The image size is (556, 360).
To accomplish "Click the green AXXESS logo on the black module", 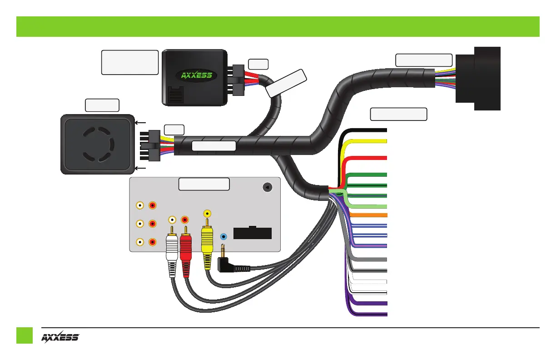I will pyautogui.click(x=194, y=75).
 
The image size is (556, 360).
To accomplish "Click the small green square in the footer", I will pyautogui.click(x=25, y=335).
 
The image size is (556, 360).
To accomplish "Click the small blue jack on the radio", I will pyautogui.click(x=223, y=237).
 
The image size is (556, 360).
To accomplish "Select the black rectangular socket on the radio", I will pyautogui.click(x=252, y=233).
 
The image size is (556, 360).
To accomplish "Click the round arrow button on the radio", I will pyautogui.click(x=268, y=187).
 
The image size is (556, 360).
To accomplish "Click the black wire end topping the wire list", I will pyautogui.click(x=372, y=130).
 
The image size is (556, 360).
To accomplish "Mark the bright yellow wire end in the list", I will pyautogui.click(x=372, y=141).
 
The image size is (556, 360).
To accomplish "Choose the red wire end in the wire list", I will pyautogui.click(x=372, y=158).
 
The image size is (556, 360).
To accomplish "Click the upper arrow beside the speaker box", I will pyautogui.click(x=140, y=123).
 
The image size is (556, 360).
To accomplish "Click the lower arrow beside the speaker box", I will pyautogui.click(x=140, y=168).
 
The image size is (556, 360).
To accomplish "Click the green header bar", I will pyautogui.click(x=278, y=26).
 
